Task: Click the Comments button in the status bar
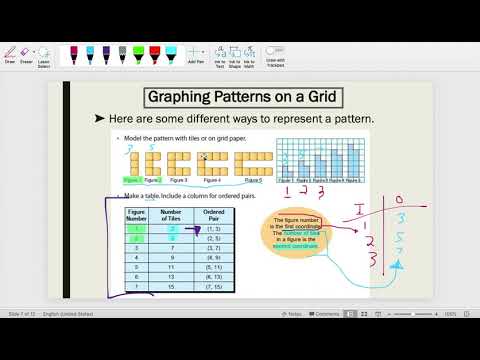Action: click(325, 341)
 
